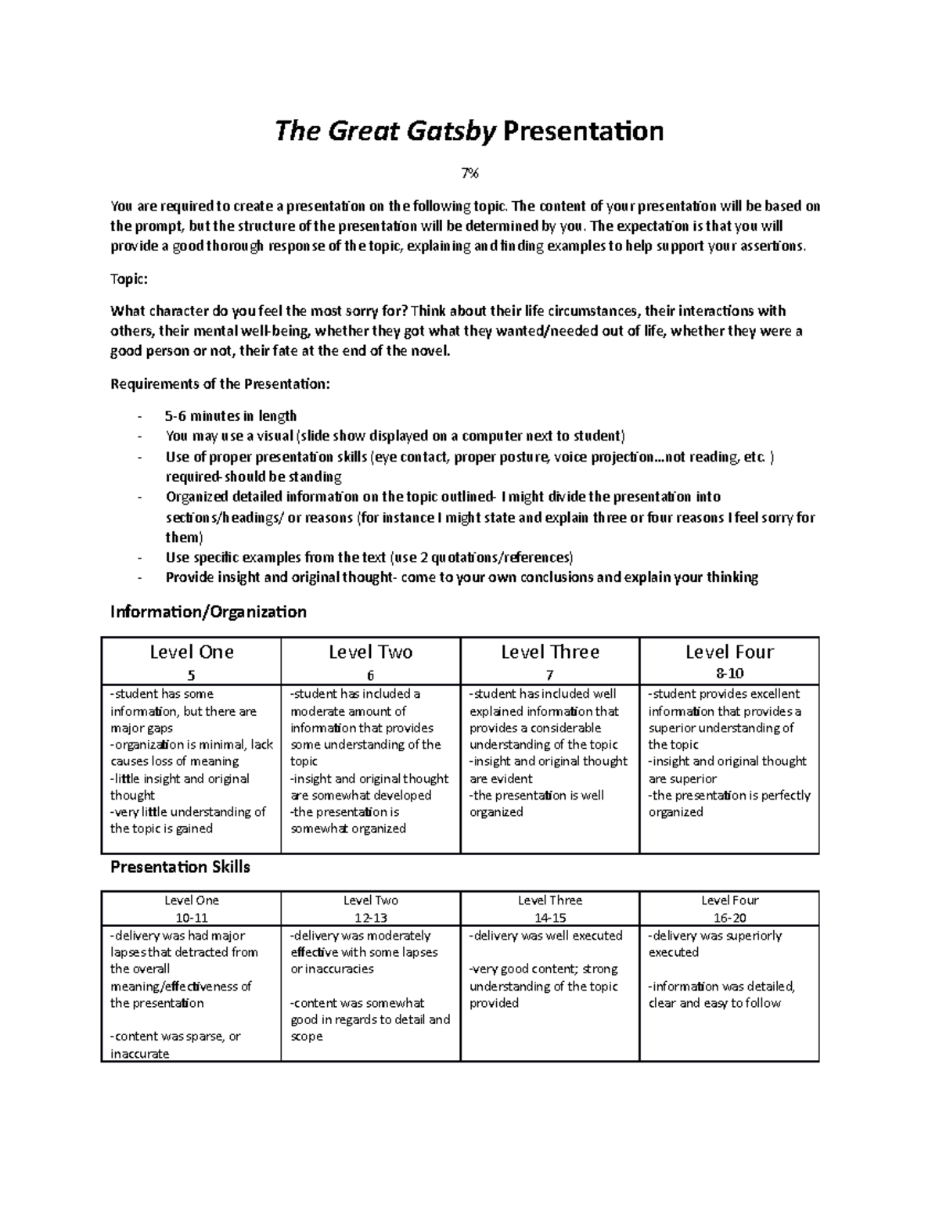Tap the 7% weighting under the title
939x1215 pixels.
(469, 174)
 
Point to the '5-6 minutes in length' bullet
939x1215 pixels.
(231, 416)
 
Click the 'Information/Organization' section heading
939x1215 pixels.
(208, 611)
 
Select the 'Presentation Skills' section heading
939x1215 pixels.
(180, 867)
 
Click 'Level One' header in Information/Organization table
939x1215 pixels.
(191, 652)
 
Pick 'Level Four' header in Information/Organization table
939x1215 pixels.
(729, 652)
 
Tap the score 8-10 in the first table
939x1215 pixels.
(729, 674)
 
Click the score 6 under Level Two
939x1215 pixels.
(370, 675)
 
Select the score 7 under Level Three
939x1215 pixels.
(549, 675)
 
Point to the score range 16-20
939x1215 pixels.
(729, 917)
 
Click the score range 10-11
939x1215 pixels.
(191, 917)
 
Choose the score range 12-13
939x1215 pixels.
(370, 917)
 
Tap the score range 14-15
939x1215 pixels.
(549, 917)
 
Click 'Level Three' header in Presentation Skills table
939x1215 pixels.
(549, 900)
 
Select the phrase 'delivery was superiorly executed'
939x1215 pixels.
(714, 944)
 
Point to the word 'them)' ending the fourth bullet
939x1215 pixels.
(184, 537)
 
